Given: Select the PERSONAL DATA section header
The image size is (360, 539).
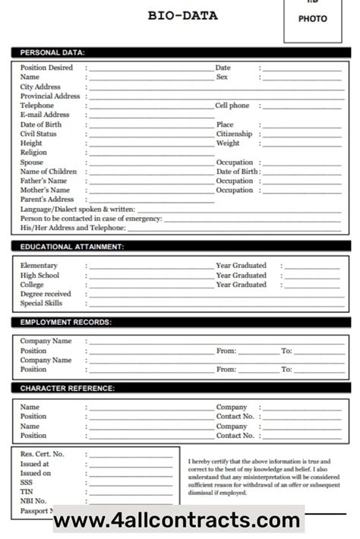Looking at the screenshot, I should coord(52,52).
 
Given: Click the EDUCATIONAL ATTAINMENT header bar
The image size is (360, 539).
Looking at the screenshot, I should coord(72,247).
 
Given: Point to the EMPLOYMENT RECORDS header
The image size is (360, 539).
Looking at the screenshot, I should coord(65,323).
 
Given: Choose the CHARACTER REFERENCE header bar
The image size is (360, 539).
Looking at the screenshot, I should coord(68,389).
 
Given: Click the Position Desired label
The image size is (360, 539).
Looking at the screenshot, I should coord(46,68).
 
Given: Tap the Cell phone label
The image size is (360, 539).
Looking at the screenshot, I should coord(232,106).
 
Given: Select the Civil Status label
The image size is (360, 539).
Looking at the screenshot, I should coord(38,134).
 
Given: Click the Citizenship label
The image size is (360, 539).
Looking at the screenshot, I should coord(234,134).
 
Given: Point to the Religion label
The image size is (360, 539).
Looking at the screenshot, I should coord(33,153).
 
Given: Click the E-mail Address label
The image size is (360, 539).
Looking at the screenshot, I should coord(45,115).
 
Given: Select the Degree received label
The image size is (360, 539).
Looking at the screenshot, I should coord(46,294).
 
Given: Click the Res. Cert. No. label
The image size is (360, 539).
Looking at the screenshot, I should coord(42,454).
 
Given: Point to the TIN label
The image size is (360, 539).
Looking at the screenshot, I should coord(27,491).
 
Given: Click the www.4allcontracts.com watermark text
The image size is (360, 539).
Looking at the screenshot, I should coord(178,521).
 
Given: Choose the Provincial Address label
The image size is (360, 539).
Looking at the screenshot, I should coord(50,96).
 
